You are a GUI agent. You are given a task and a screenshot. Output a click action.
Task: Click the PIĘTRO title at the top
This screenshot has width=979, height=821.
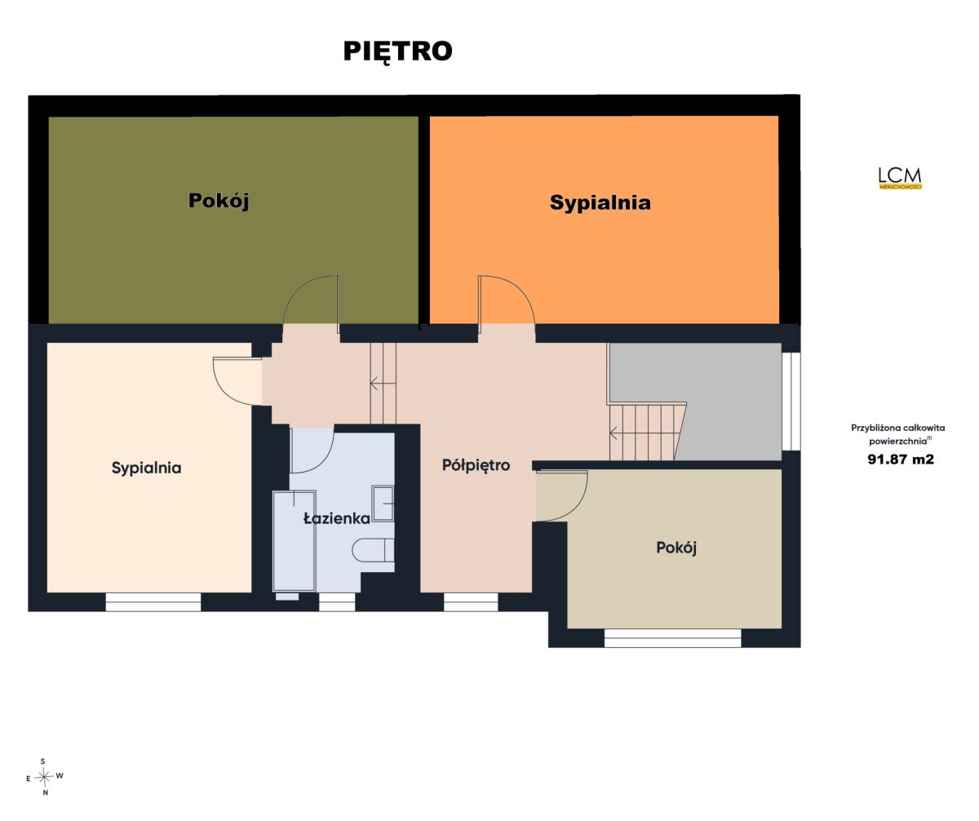[x=397, y=51]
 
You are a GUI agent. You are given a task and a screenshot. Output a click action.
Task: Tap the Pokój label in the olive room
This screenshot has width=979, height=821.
[x=219, y=201]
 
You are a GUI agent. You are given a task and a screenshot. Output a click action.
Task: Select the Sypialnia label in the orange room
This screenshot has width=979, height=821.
[x=600, y=203]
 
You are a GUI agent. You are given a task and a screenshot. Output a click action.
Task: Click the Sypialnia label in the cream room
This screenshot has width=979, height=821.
[x=146, y=468]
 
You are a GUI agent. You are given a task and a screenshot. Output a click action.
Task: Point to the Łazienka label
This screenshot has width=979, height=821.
[x=337, y=518]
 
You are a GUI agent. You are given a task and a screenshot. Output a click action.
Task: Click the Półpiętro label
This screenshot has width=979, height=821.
[x=476, y=465]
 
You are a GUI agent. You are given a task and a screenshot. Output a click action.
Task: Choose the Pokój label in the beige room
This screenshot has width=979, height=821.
[x=676, y=548]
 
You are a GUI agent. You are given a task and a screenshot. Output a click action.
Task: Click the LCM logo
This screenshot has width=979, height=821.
[x=900, y=178]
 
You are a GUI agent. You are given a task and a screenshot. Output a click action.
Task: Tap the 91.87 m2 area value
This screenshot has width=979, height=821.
[x=901, y=459]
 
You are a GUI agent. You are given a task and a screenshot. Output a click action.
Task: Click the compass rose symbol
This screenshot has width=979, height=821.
[x=44, y=778]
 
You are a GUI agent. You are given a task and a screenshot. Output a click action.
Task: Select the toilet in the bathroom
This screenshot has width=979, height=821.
[x=373, y=550]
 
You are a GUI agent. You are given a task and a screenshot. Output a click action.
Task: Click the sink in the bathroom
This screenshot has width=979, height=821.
[x=383, y=504]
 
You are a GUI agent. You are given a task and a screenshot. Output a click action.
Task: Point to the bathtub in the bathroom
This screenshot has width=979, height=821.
[x=294, y=540]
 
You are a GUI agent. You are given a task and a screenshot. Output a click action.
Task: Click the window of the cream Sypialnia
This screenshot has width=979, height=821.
[x=153, y=602]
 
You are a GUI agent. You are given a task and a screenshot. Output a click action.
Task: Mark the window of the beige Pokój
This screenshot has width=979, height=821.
[x=673, y=638]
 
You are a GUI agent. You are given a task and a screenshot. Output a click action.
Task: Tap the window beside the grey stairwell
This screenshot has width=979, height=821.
[x=791, y=402]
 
